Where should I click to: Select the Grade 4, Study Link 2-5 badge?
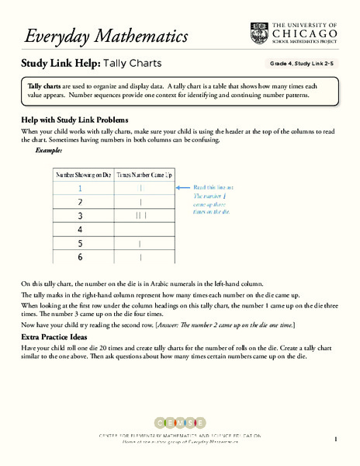point(302,64)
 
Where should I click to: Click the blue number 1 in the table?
point(79,189)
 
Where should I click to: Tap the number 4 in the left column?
point(79,230)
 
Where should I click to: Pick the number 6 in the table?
point(79,258)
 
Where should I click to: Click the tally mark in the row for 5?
point(140,244)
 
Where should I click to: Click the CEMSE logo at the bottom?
point(179,423)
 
